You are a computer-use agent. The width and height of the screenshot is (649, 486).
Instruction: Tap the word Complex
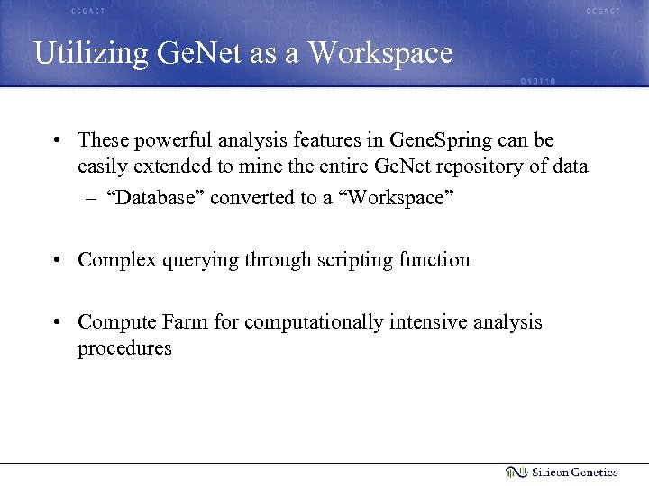[x=114, y=260]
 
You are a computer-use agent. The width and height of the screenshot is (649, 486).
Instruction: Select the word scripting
[x=348, y=260]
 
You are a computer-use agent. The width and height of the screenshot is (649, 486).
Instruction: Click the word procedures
[x=124, y=348]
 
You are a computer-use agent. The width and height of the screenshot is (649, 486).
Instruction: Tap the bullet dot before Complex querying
[x=57, y=261]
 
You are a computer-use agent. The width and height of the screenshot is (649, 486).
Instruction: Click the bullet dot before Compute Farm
[x=57, y=323]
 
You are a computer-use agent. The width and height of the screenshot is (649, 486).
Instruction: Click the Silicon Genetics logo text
[x=574, y=472]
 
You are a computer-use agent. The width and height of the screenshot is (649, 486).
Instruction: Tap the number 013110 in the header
[x=538, y=81]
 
